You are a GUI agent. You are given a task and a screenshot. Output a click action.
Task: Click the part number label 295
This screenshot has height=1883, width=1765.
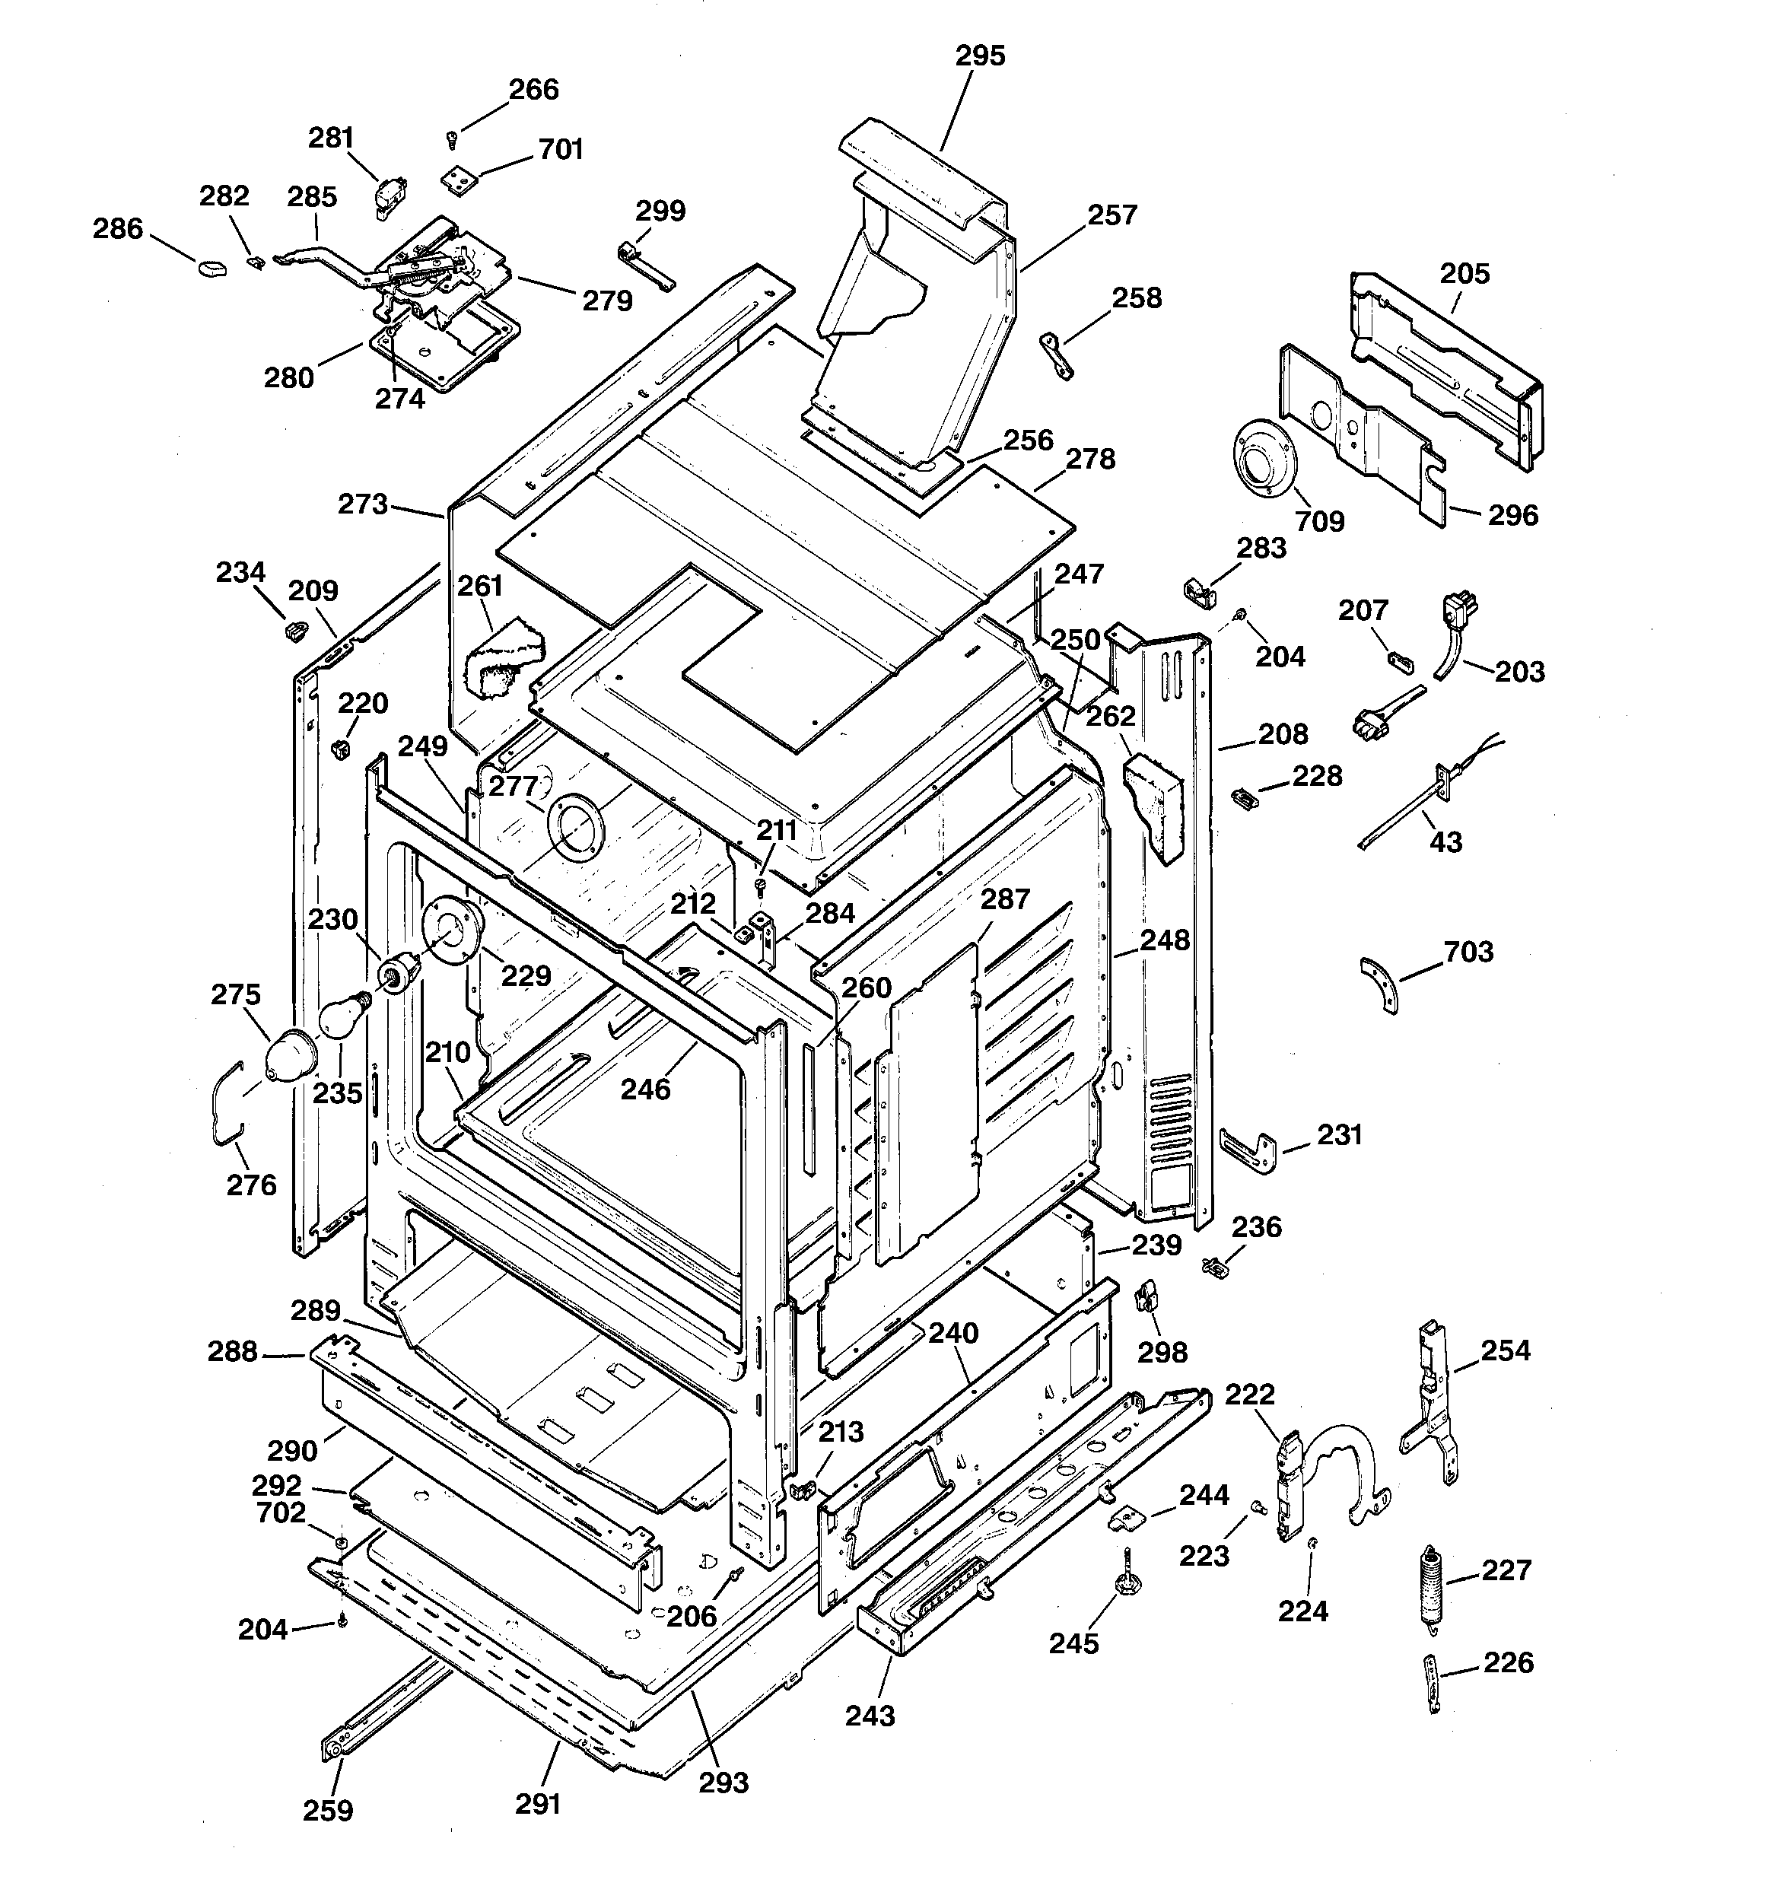pyautogui.click(x=980, y=56)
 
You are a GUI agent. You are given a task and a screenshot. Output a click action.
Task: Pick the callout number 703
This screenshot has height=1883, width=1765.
pyautogui.click(x=1468, y=951)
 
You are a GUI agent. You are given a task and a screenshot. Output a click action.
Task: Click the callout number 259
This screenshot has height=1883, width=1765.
pyautogui.click(x=328, y=1810)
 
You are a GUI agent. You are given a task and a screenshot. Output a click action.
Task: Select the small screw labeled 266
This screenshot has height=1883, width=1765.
pyautogui.click(x=452, y=140)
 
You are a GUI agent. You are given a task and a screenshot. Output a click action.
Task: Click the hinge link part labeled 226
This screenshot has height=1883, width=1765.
pyautogui.click(x=1433, y=1682)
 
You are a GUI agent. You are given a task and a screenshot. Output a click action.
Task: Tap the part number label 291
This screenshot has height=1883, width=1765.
pyautogui.click(x=538, y=1805)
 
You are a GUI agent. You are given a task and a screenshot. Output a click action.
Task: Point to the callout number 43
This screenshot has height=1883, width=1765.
pyautogui.click(x=1445, y=841)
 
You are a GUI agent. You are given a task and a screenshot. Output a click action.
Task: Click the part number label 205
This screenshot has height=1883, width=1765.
pyautogui.click(x=1464, y=274)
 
